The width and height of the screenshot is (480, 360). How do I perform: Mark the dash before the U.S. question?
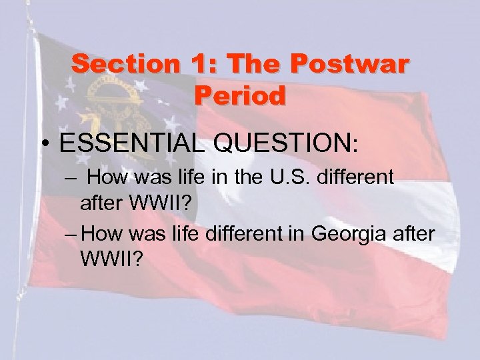[x=71, y=178]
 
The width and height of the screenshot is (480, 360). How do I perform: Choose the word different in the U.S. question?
[x=357, y=177]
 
